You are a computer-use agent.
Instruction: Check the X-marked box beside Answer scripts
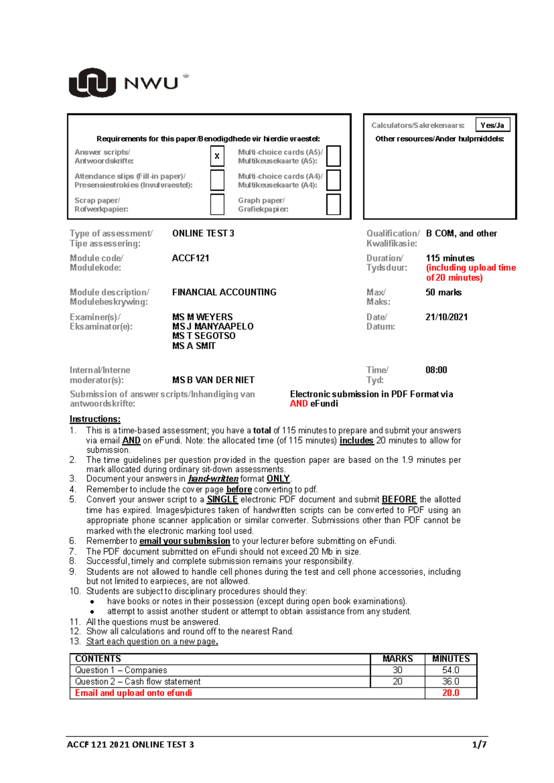217,156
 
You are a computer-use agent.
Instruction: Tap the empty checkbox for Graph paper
333,204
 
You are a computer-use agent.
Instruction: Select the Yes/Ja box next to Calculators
492,125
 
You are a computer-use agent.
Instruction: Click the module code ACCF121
190,258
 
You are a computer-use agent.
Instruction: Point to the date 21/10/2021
446,317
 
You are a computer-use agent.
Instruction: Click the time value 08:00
436,370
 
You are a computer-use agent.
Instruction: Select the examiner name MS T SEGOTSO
204,336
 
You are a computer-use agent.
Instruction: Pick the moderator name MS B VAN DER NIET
213,380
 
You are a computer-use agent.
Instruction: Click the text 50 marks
443,292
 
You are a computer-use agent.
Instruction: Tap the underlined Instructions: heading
95,419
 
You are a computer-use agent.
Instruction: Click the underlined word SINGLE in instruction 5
222,500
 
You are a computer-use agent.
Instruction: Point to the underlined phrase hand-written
213,479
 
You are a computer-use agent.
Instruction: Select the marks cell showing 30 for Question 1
397,670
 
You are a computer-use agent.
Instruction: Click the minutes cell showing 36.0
451,681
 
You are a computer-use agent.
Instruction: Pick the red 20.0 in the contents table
451,693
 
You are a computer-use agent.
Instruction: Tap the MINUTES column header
451,659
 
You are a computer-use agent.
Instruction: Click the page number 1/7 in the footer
479,744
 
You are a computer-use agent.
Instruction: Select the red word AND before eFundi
299,404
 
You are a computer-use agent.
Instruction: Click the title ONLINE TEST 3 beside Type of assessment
203,234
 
